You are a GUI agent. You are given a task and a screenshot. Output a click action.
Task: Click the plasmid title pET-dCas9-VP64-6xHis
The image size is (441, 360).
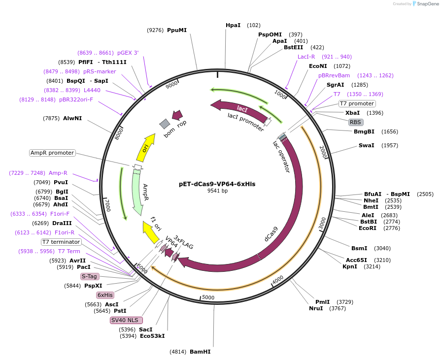pyautogui.click(x=217, y=184)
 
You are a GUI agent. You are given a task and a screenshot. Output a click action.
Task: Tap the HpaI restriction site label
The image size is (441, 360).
pyautogui.click(x=233, y=25)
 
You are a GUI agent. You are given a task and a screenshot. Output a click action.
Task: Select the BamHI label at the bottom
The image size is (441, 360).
pyautogui.click(x=200, y=352)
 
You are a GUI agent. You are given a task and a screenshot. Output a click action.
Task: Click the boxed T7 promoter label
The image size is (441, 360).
pyautogui.click(x=357, y=103)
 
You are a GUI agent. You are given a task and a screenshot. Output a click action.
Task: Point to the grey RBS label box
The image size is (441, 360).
pyautogui.click(x=355, y=122)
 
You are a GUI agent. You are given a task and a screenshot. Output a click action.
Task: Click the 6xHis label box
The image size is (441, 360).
pyautogui.click(x=105, y=295)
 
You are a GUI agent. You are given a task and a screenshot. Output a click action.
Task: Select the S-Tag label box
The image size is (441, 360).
pyautogui.click(x=90, y=276)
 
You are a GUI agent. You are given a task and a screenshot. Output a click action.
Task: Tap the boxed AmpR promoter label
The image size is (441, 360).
pyautogui.click(x=52, y=153)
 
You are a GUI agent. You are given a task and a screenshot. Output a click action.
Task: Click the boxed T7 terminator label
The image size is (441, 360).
pyautogui.click(x=61, y=242)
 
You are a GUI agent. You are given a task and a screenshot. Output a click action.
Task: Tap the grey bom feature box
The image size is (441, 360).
pyautogui.click(x=165, y=123)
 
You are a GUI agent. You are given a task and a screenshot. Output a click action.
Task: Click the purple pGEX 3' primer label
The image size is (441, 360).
pyautogui.click(x=128, y=53)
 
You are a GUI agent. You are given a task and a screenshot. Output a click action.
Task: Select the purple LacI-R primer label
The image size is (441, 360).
pyautogui.click(x=306, y=57)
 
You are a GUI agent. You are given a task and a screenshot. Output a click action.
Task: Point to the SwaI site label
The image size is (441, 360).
pyautogui.click(x=366, y=145)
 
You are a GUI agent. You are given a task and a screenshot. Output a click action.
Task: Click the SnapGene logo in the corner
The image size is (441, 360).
pyautogui.click(x=424, y=4)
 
